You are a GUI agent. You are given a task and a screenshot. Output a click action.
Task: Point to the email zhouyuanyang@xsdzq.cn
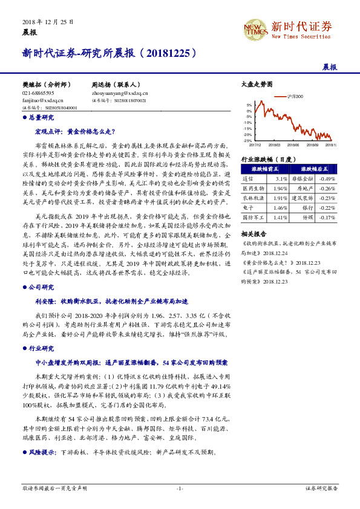(120, 94)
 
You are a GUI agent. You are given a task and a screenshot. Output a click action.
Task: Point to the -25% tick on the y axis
(247, 140)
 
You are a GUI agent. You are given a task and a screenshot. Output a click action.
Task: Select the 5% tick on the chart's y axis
(249, 105)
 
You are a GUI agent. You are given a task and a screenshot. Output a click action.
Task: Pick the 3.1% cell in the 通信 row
(281, 179)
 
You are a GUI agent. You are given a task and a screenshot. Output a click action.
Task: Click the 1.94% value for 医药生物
(280, 188)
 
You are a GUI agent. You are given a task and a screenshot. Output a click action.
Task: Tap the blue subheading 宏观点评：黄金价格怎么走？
(74, 131)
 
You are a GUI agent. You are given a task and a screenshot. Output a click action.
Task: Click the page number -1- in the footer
(180, 487)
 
